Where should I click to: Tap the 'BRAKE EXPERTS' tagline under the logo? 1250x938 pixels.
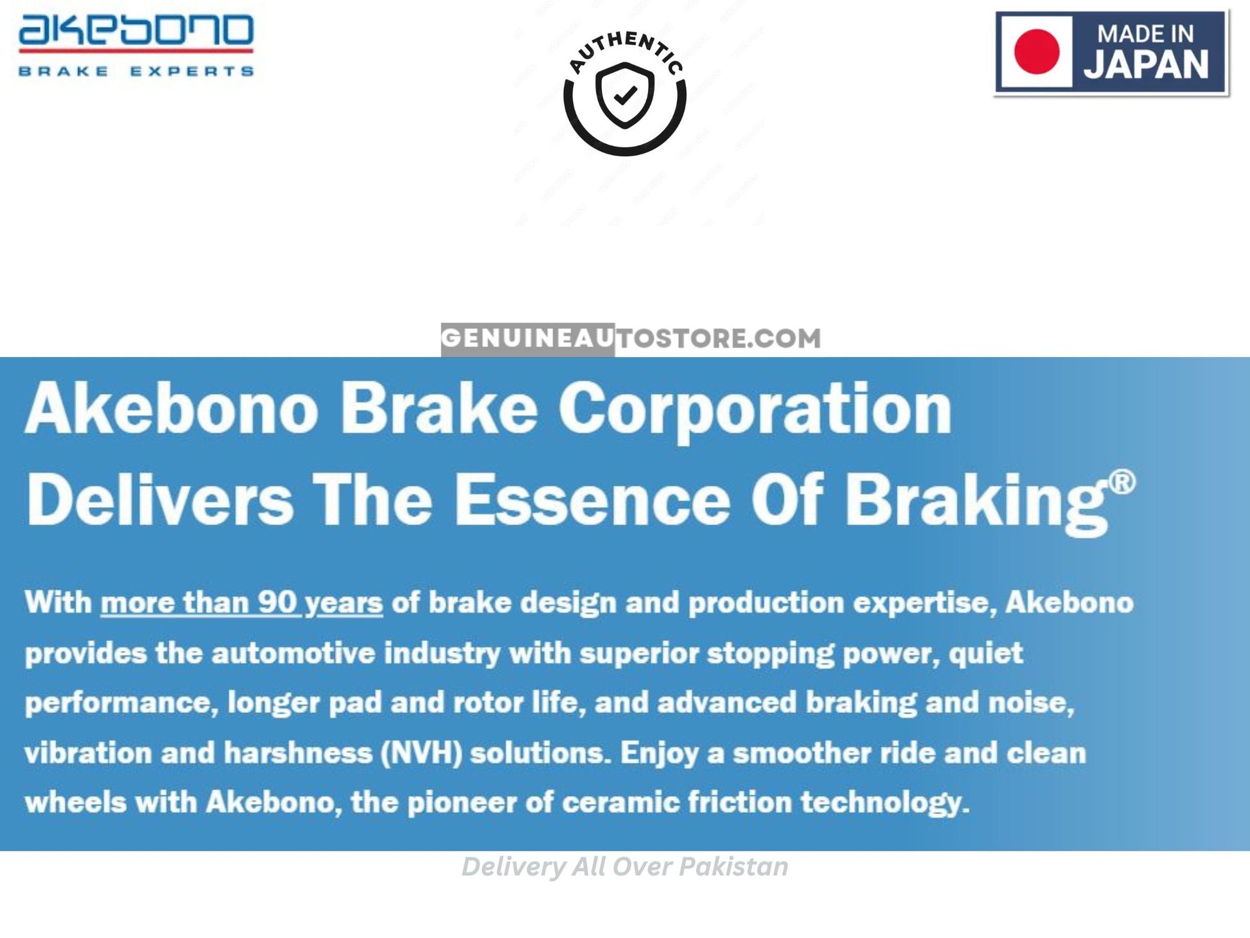[136, 71]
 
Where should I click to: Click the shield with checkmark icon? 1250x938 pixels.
[624, 96]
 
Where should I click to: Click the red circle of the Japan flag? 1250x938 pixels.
[1037, 51]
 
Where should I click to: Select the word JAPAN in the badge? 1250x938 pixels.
[1147, 64]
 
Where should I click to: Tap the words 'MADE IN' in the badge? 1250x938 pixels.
[1145, 33]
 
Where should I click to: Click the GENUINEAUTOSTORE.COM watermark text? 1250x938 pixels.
[631, 338]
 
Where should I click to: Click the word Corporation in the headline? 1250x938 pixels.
[755, 411]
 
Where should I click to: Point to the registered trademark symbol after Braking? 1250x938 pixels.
[1122, 482]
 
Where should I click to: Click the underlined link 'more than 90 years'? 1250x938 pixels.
[242, 603]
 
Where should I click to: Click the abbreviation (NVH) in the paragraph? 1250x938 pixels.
[421, 753]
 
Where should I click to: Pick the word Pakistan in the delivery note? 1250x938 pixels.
[734, 867]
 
